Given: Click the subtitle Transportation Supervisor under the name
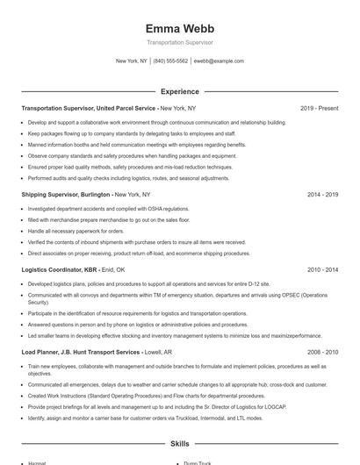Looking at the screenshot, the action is pos(179,42).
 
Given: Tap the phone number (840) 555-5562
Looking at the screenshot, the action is pos(170,61).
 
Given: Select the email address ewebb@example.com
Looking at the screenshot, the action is pos(219,61).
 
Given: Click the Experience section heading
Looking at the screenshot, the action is pos(179,90).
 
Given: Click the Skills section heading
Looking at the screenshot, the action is pos(179,444).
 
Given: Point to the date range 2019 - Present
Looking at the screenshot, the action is pos(319,108).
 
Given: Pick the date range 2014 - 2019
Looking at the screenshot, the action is pos(322,194).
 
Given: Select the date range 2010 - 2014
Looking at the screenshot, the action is pos(322,270).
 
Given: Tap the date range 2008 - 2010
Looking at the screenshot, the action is pos(322,351).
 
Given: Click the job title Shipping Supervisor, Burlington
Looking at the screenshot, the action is pos(67,194).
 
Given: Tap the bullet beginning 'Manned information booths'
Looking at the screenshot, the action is pos(137,145).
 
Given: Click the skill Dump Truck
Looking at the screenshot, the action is pos(198,462).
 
